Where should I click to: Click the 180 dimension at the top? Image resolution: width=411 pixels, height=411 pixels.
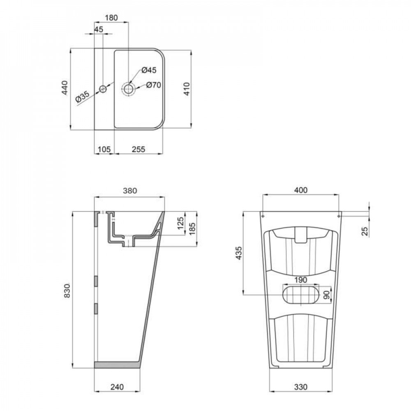tap(112, 18)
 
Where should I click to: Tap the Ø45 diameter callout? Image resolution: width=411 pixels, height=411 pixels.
tap(149, 70)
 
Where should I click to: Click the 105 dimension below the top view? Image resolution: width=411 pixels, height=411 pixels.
tap(104, 150)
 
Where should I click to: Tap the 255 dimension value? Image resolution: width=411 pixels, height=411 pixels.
tap(139, 150)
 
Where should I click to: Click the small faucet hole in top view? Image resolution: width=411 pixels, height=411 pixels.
tap(103, 89)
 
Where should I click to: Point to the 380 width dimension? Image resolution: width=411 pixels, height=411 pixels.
tap(129, 190)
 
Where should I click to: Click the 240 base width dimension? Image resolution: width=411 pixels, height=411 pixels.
tap(118, 387)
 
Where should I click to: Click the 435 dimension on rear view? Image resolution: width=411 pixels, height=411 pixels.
tap(239, 253)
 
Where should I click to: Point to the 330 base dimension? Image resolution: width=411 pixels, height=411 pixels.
tap(301, 387)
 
